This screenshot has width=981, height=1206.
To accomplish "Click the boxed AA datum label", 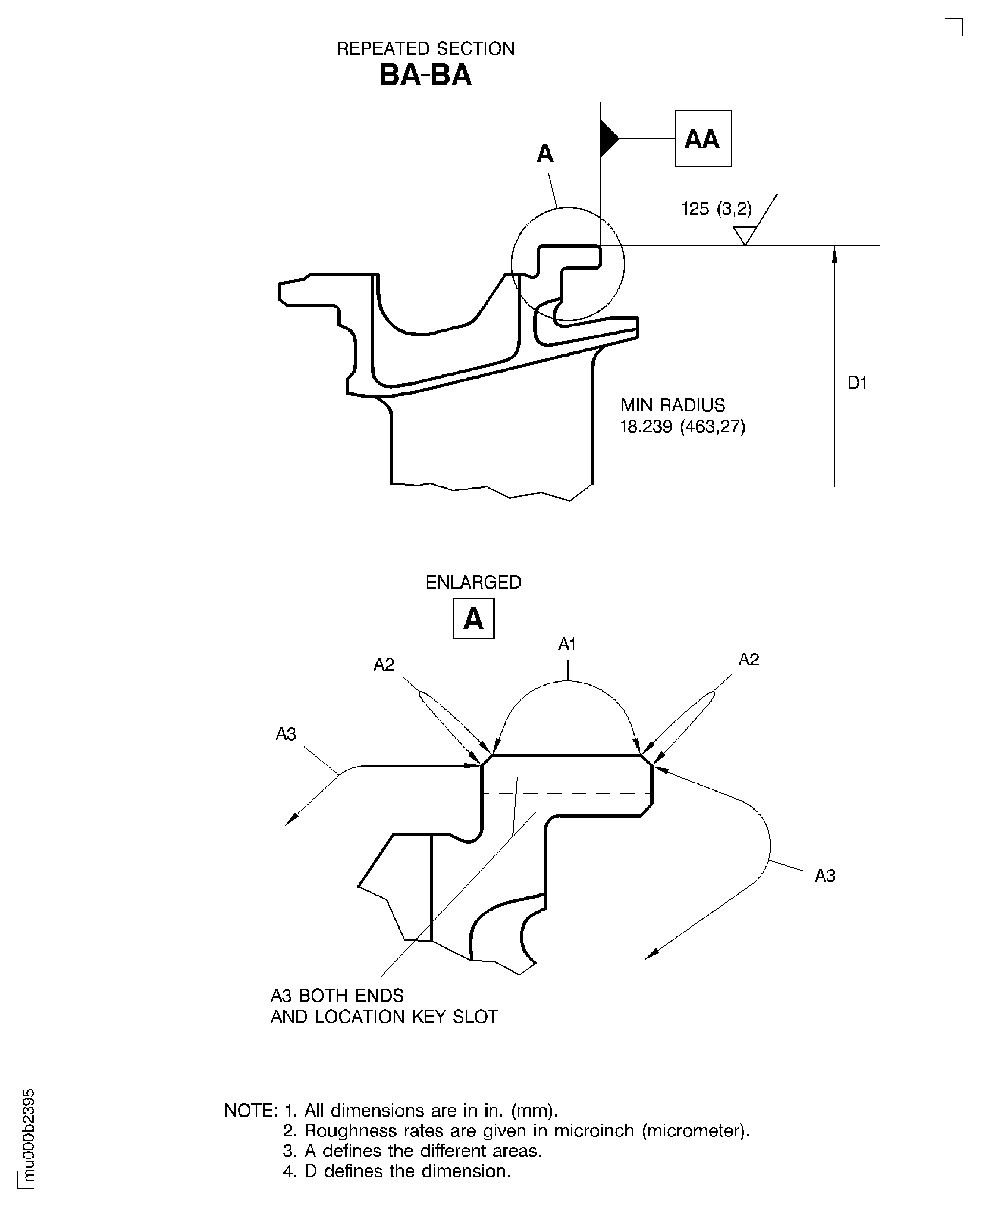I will [x=702, y=139].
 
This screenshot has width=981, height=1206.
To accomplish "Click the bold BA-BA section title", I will [x=425, y=75].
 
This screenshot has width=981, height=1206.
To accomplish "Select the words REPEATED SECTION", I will [x=425, y=49].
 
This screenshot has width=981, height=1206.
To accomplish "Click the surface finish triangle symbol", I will [x=745, y=234].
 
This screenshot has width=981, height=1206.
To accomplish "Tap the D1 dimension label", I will [x=857, y=383].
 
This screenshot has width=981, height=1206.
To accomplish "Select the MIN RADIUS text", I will [x=672, y=405].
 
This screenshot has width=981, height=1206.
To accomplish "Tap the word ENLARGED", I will [x=473, y=582].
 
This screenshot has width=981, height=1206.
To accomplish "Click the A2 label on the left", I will [x=384, y=665].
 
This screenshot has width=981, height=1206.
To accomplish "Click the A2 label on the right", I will [x=749, y=659].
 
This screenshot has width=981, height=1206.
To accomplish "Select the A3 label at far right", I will [x=824, y=876].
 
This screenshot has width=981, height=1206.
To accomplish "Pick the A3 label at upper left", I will [x=286, y=734].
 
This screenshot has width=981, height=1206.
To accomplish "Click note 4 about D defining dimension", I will [x=397, y=1170].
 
